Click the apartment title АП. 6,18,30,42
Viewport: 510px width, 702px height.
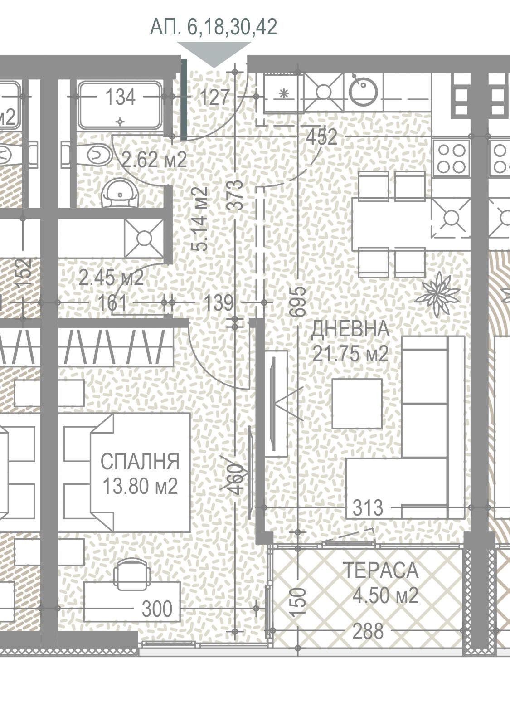[x=214, y=27]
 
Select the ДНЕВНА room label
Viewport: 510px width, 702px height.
[x=350, y=329]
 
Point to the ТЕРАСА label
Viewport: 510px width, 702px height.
[x=381, y=570]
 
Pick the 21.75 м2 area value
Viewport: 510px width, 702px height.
[x=350, y=355]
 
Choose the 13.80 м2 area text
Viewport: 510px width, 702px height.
[x=140, y=486]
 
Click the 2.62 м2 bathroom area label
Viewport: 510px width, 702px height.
[x=155, y=160]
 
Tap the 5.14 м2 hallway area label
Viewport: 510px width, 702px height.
[x=199, y=219]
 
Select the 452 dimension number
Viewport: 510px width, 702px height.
[x=321, y=137]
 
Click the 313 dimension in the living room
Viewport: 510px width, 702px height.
[x=368, y=508]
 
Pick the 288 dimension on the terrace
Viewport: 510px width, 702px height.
[x=368, y=631]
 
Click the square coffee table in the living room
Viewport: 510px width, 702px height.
[x=357, y=403]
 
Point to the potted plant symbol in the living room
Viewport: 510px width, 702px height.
[x=437, y=294]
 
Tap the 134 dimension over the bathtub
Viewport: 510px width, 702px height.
[x=120, y=97]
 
